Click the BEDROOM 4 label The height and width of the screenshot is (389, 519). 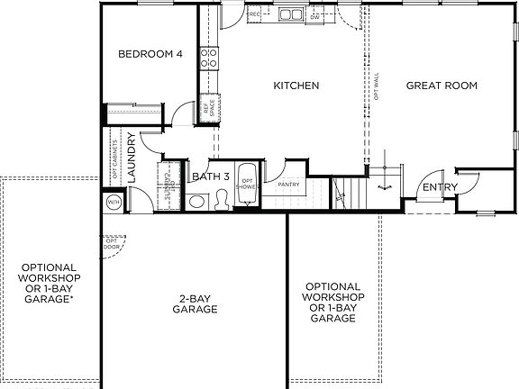click(x=151, y=55)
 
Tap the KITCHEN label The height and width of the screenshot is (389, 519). click(x=296, y=86)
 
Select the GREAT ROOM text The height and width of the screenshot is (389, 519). click(x=442, y=86)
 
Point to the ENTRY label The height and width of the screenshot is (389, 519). click(x=441, y=187)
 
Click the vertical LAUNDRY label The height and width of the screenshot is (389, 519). click(x=132, y=158)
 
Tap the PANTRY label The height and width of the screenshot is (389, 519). click(x=289, y=185)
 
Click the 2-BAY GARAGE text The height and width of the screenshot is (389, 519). click(x=195, y=303)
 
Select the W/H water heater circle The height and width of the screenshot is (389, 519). click(x=114, y=202)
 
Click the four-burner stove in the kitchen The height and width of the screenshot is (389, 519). click(x=207, y=59)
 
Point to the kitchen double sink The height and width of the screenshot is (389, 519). click(x=291, y=14)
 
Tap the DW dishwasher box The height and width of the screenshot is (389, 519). click(x=314, y=15)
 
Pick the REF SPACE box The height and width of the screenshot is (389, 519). click(x=207, y=105)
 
